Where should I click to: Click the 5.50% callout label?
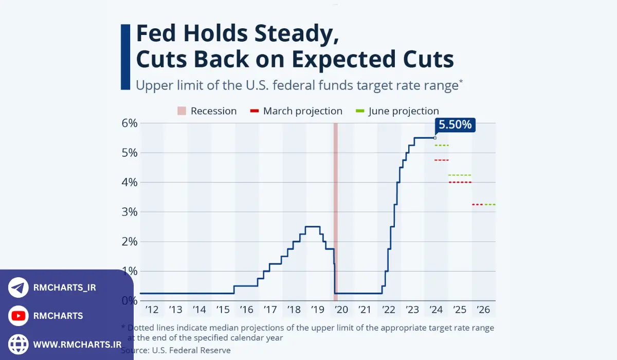coord(455,125)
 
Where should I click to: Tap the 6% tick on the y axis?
coord(129,123)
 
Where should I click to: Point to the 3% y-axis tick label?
coord(129,212)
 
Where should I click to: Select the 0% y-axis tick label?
coord(129,301)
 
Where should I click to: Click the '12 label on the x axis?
coord(152,310)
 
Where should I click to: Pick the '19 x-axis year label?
coord(317,310)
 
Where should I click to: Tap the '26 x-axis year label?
coord(483,310)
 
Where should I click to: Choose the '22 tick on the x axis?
coord(389,310)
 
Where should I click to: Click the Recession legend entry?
coord(207,111)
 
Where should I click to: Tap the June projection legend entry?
coord(397,111)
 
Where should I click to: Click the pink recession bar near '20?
coord(335,211)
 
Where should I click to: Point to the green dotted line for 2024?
coord(442,146)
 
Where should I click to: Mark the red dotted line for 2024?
coord(442,160)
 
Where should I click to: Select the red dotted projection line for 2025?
coord(460,183)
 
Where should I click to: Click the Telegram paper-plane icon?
coord(19,288)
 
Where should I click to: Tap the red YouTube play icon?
coord(19,316)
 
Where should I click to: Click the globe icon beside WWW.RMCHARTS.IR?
coord(19,344)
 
